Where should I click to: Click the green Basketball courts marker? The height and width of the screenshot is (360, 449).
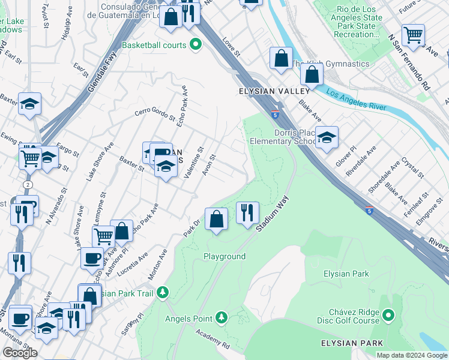(195, 44)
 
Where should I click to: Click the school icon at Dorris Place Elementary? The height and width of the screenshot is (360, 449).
(326, 137)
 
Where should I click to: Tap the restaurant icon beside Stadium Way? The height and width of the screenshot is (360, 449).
(247, 212)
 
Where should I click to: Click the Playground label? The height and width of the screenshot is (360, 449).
(224, 256)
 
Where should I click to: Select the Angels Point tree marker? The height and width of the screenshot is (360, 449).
(221, 317)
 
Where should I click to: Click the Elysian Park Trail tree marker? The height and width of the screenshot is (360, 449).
(163, 293)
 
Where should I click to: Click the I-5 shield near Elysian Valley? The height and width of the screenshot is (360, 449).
(274, 114)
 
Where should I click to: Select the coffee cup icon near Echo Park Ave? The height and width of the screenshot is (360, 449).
(91, 258)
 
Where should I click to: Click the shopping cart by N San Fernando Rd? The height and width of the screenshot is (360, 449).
(413, 35)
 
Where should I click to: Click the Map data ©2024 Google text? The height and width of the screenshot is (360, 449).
(411, 355)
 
